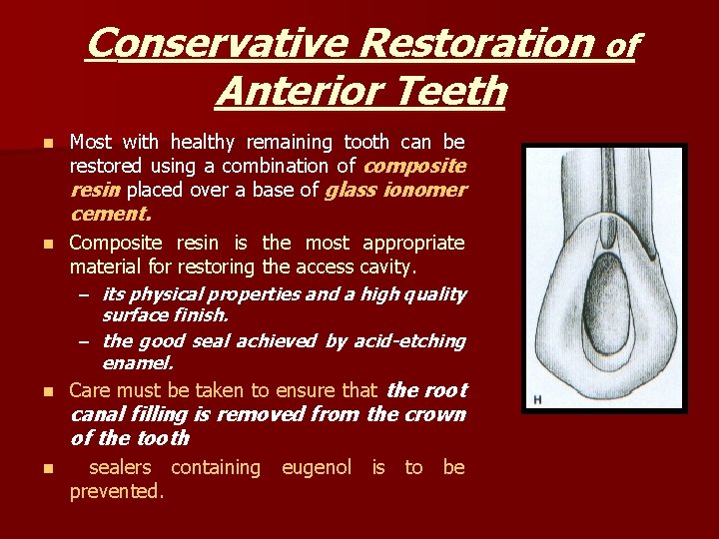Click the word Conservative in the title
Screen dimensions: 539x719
pos(217,44)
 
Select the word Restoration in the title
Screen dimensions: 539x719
pos(476,44)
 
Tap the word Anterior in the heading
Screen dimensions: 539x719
pos(302,92)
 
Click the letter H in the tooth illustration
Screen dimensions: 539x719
pos(537,400)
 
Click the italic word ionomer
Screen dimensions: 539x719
pos(428,190)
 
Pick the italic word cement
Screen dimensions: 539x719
pos(110,213)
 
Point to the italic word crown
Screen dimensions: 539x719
pos(432,414)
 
